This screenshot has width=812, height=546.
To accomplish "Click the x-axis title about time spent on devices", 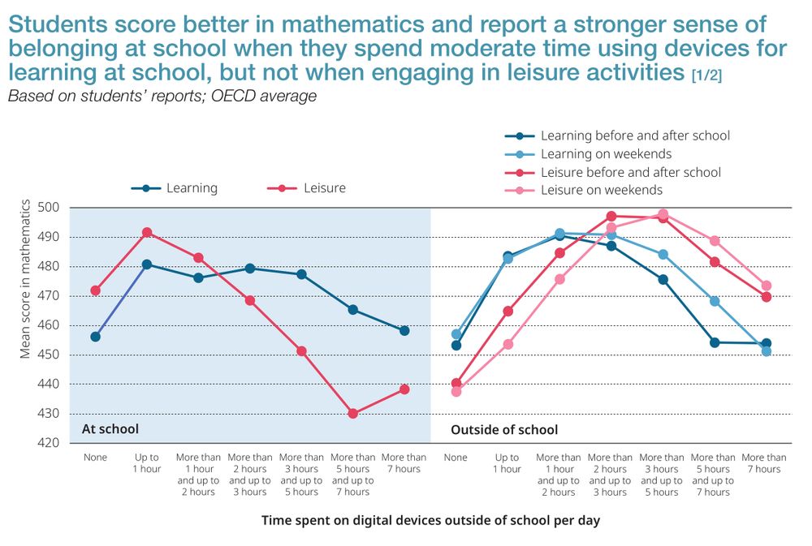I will [x=430, y=520].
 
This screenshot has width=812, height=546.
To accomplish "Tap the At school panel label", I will [x=110, y=429].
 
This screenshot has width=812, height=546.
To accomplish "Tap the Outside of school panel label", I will [x=504, y=429].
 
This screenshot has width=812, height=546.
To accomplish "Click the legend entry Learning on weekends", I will [x=606, y=154].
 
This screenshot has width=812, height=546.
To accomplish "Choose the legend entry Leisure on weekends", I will [x=601, y=190].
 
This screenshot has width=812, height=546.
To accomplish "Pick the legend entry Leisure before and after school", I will [x=630, y=172].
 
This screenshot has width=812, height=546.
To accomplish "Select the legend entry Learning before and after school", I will [x=635, y=136].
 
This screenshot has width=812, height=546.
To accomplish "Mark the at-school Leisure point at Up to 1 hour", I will [x=147, y=233].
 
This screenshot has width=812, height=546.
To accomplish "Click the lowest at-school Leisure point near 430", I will [x=353, y=414].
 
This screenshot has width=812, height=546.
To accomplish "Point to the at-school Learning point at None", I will [x=96, y=337].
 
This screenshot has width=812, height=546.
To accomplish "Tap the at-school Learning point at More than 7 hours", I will [x=404, y=331].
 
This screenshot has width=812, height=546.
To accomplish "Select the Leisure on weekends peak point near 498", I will [x=663, y=214].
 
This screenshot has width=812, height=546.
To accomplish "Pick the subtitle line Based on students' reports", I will [x=162, y=97].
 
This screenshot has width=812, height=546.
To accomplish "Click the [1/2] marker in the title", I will [x=706, y=76].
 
